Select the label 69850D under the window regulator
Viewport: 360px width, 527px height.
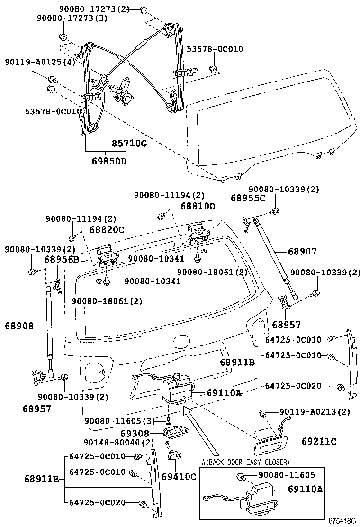click(109, 161)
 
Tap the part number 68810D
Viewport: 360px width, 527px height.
click(198, 206)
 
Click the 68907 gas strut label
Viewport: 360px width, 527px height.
click(302, 251)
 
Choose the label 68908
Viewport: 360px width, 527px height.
click(20, 326)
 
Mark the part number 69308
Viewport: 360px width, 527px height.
click(135, 433)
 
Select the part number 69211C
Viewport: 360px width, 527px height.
click(319, 441)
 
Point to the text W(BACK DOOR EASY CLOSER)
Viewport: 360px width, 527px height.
click(245, 462)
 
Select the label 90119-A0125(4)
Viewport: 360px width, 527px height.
click(40, 63)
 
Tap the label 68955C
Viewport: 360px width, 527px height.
click(248, 198)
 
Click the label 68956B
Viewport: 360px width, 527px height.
click(62, 259)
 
